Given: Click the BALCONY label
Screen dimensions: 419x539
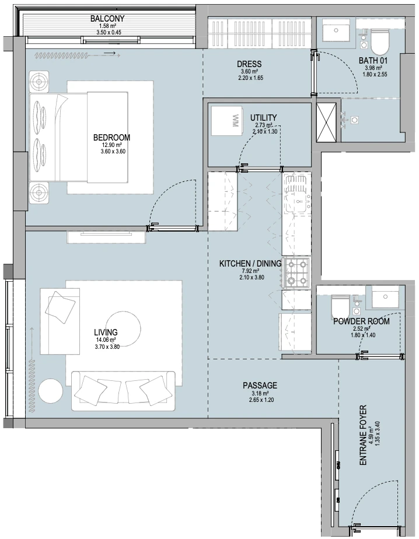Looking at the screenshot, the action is (107, 18).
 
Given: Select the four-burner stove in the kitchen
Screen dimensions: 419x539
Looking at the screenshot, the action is (296, 273).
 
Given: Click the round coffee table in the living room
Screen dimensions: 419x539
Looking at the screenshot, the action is (123, 328).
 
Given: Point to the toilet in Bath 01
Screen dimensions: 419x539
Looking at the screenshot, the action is (379, 41).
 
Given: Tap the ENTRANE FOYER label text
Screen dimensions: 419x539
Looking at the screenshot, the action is (364, 435).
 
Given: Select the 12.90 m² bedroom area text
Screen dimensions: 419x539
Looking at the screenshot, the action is (112, 145).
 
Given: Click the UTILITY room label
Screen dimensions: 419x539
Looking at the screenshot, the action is (263, 118).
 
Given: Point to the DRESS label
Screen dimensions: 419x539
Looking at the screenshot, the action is (249, 64).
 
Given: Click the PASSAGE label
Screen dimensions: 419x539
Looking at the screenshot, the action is (260, 386).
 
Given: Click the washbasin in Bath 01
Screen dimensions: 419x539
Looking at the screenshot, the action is (336, 30).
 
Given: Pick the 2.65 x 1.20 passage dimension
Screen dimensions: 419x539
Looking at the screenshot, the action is (261, 400).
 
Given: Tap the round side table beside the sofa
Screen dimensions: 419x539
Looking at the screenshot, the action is (51, 391).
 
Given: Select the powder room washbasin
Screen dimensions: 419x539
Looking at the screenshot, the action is (385, 297).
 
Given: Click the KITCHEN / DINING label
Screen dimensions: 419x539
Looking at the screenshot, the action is (250, 264).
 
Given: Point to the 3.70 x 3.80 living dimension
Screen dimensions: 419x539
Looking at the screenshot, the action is (107, 347).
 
